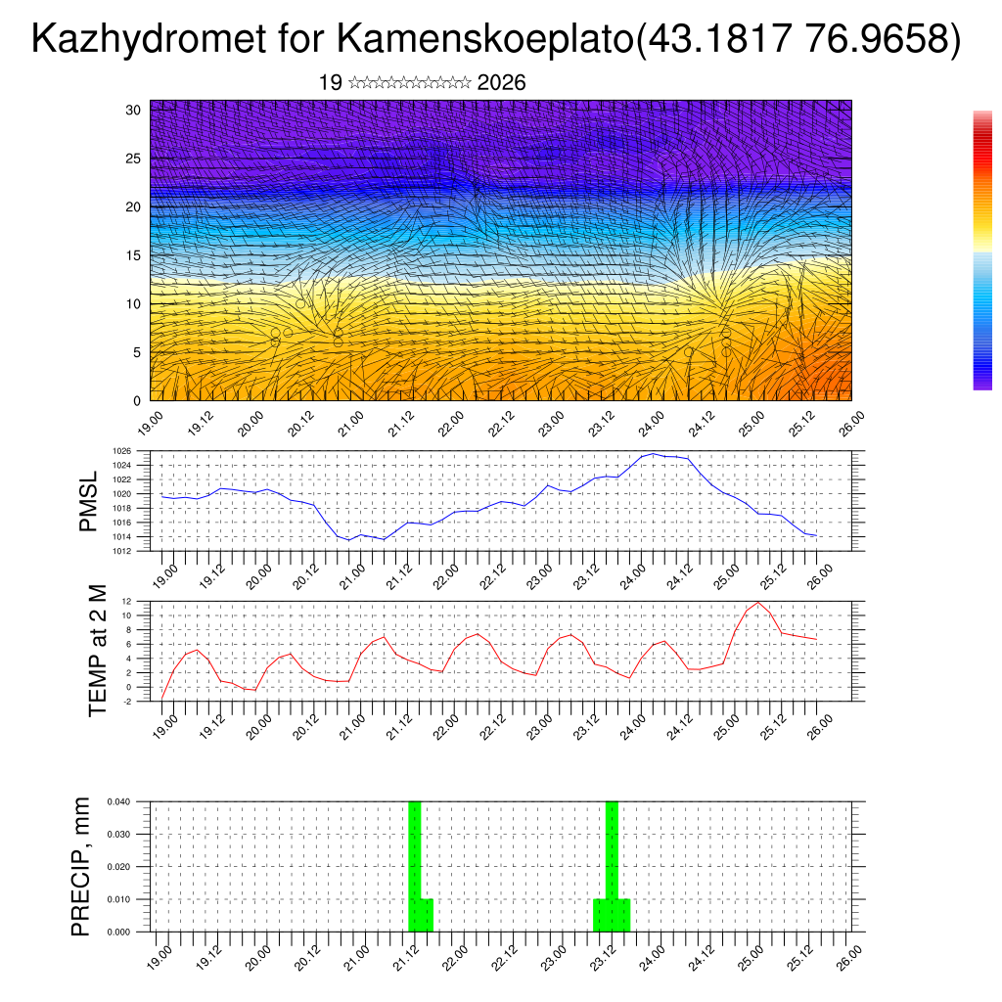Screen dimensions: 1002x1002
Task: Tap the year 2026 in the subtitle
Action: (501, 83)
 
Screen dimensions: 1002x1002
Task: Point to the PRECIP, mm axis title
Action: (81, 866)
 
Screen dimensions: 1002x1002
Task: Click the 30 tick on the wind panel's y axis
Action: (133, 110)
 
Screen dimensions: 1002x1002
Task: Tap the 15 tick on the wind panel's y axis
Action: (133, 255)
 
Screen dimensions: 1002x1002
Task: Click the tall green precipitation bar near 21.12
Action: (415, 851)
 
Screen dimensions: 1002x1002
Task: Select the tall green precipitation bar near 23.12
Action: (612, 851)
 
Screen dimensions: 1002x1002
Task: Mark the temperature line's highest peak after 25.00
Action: (757, 602)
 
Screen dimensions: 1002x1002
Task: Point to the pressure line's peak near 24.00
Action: (654, 454)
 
